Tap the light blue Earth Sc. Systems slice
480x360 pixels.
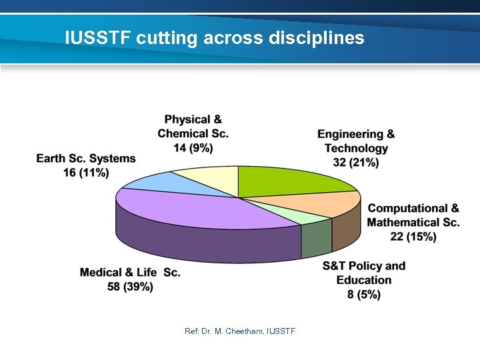point(149,181)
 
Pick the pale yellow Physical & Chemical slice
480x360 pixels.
point(207,179)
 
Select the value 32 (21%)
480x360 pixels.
point(355,162)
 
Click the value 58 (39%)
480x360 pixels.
point(130,287)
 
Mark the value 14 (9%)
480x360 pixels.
point(193,148)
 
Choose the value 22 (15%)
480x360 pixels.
point(413,237)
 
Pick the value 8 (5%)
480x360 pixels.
point(364,295)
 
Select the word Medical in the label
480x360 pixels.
point(101,273)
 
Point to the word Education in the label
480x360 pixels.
point(364,280)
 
